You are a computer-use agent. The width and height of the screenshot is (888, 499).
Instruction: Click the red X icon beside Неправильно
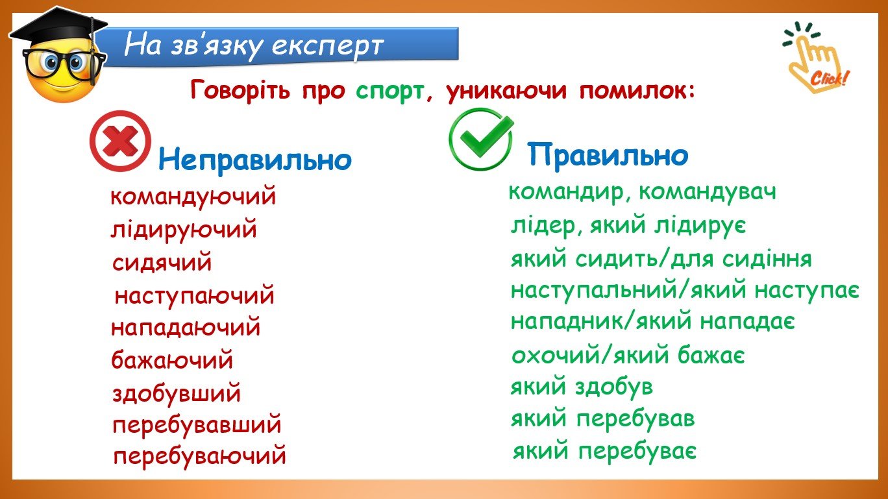pos(121,141)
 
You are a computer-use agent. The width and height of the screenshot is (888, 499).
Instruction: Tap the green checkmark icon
pos(481,139)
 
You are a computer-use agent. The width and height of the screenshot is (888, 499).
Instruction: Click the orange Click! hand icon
pos(817,58)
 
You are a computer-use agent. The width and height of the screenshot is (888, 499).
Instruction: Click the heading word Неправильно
pos(255,160)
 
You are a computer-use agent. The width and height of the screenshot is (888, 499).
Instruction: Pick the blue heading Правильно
pos(608,155)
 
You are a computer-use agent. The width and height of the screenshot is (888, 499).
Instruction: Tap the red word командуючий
pos(193,196)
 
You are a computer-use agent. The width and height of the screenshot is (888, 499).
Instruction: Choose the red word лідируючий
pos(184,229)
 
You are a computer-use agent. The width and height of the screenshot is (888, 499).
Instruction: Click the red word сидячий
pos(162,262)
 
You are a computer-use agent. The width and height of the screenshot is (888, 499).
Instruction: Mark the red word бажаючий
pos(172,360)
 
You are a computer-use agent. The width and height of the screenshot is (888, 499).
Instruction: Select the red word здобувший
pos(177,393)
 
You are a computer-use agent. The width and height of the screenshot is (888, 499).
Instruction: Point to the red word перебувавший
pos(197,425)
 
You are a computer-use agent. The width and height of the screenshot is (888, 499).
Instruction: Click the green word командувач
pos(708,192)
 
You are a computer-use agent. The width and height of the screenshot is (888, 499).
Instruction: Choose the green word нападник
pos(567,321)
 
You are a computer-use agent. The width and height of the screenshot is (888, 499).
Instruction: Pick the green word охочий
pos(556,354)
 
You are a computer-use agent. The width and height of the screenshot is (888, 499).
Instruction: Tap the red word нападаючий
pos(186,328)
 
